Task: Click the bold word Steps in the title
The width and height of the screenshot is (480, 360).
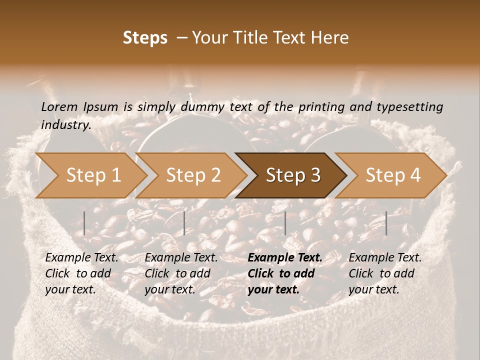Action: click(145, 38)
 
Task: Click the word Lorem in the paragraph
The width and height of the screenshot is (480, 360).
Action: click(59, 106)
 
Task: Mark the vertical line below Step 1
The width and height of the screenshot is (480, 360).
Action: click(84, 223)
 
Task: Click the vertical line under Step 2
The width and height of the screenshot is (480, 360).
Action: click(184, 223)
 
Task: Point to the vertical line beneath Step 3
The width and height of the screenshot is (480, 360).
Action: click(285, 223)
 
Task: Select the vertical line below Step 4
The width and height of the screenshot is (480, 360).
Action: click(386, 223)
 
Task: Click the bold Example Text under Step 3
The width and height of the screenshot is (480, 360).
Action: click(285, 258)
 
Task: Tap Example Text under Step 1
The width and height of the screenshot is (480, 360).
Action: click(81, 258)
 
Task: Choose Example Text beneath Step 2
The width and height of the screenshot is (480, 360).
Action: click(181, 258)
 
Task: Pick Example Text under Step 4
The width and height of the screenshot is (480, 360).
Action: click(385, 258)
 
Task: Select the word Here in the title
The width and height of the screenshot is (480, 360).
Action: click(330, 38)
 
